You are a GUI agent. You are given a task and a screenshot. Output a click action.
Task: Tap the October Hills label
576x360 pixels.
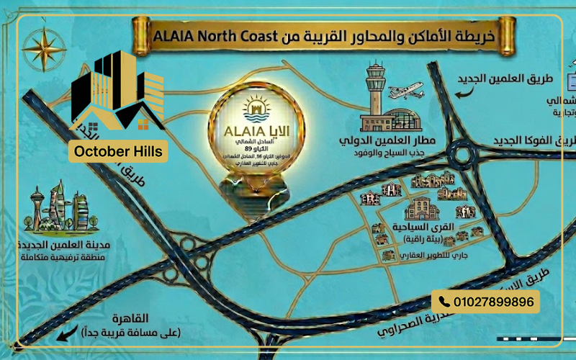(x=118, y=152)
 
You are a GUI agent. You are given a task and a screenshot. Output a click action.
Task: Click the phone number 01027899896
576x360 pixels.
(x=494, y=302)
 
